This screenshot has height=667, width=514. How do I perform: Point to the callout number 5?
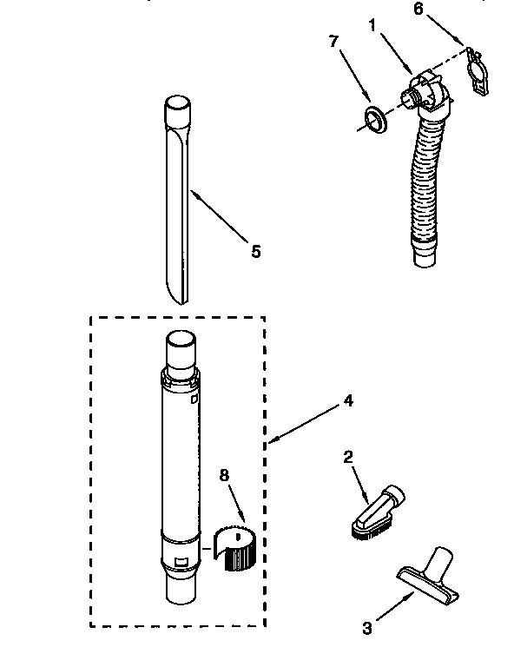[255, 251]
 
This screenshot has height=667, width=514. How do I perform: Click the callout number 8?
[224, 475]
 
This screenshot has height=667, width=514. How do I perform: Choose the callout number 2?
[347, 457]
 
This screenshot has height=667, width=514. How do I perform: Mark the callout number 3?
[367, 628]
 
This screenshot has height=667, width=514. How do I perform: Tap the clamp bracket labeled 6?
[476, 72]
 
